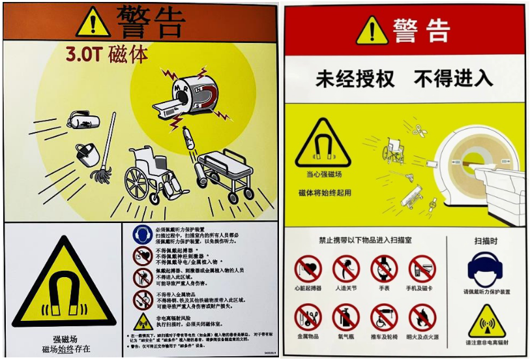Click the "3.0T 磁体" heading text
point(107,54)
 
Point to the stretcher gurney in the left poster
point(225,172)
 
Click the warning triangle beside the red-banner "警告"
point(372,31)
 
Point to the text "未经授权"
point(355,79)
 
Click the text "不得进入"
point(454,79)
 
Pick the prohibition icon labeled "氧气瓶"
point(346,318)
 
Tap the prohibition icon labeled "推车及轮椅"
point(384,318)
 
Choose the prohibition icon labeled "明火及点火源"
point(422,318)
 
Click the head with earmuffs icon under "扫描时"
point(487,269)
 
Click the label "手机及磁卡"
point(422,288)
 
